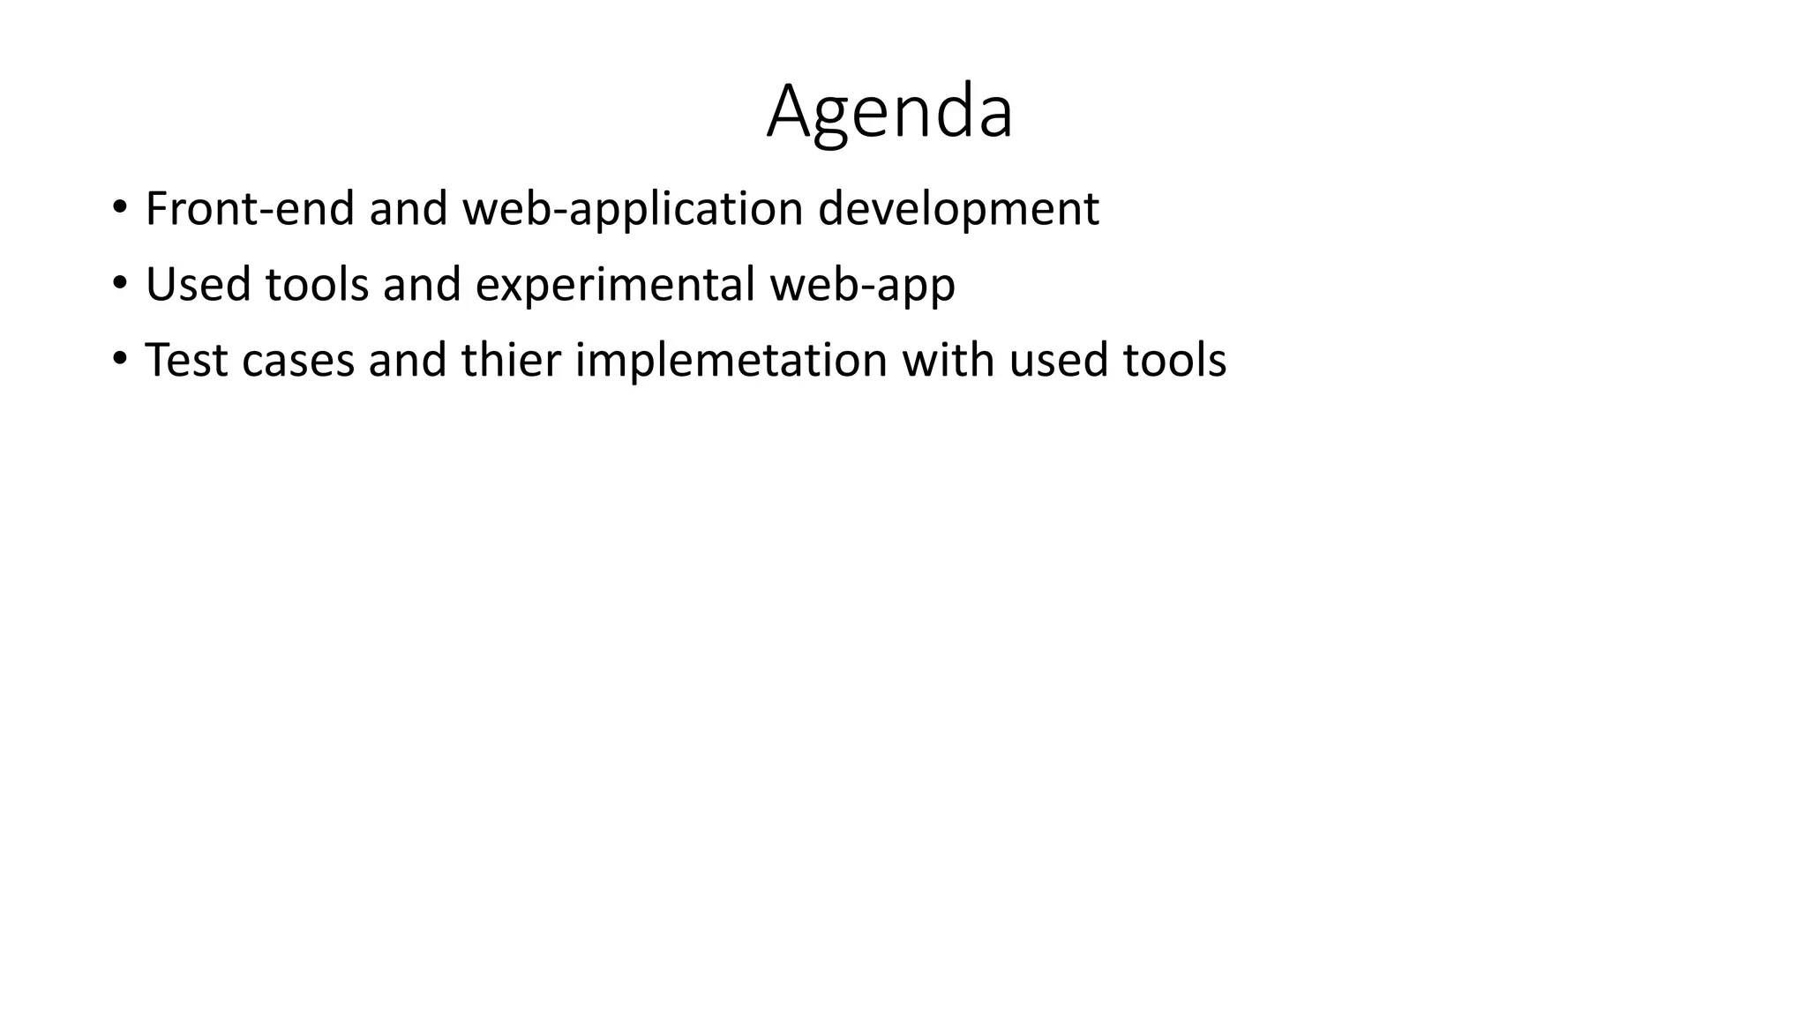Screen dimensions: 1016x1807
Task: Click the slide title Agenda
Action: (x=889, y=112)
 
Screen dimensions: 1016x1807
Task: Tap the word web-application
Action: (x=633, y=210)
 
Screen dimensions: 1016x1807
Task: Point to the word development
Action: (x=958, y=210)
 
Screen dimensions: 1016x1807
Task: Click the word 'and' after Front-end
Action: (x=408, y=210)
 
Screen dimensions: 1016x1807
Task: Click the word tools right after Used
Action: (x=317, y=285)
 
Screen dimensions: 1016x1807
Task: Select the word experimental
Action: (x=615, y=285)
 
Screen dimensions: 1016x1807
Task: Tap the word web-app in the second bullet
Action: (x=862, y=285)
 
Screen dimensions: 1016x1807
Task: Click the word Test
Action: (x=186, y=361)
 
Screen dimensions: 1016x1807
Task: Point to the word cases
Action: (x=297, y=361)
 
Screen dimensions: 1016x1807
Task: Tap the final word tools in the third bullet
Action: (x=1174, y=361)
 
